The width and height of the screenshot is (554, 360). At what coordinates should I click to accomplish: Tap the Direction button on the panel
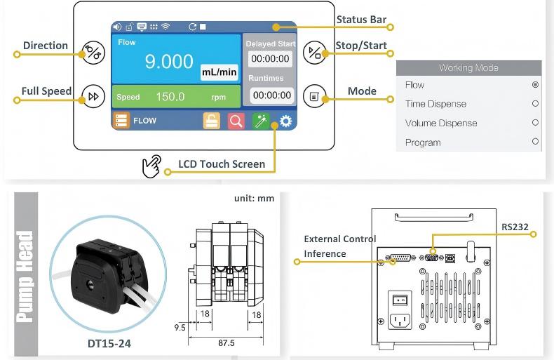point(93,53)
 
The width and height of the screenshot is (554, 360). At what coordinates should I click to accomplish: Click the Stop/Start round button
point(314,53)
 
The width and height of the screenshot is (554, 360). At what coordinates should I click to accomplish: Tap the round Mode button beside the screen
point(314,96)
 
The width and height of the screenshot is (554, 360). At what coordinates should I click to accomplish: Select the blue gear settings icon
point(286,121)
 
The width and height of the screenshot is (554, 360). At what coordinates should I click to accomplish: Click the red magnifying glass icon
point(236,121)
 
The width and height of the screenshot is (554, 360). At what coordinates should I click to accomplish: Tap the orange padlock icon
point(211,121)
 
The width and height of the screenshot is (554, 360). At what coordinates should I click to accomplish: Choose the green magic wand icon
point(261,121)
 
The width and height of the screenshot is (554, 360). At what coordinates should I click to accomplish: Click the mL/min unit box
point(219,72)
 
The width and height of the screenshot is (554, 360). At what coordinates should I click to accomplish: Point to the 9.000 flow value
point(169,62)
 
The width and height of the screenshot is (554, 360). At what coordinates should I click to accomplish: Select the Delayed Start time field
point(270,59)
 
